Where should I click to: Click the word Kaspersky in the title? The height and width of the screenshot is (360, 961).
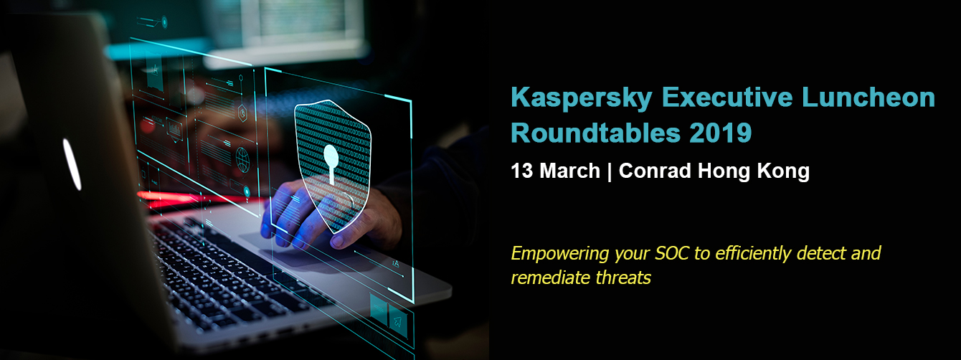tap(581, 98)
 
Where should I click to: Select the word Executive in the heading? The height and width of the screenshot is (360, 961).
tap(726, 97)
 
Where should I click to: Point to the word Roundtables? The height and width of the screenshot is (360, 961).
tap(595, 133)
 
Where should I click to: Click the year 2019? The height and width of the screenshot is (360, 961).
tap(721, 133)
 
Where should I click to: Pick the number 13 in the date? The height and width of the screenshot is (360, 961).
tap(521, 171)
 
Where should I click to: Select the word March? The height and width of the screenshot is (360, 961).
tap(569, 171)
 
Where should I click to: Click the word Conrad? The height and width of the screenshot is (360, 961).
tap(655, 171)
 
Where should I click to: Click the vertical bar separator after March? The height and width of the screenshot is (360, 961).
tap(610, 171)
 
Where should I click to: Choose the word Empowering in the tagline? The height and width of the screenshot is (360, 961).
tap(559, 254)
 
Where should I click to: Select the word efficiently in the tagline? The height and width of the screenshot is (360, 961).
tap(753, 254)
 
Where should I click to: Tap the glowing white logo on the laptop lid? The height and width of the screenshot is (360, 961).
tap(72, 164)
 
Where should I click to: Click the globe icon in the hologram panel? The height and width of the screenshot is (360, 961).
tap(242, 160)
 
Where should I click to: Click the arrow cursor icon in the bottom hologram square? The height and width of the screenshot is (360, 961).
tap(398, 320)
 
